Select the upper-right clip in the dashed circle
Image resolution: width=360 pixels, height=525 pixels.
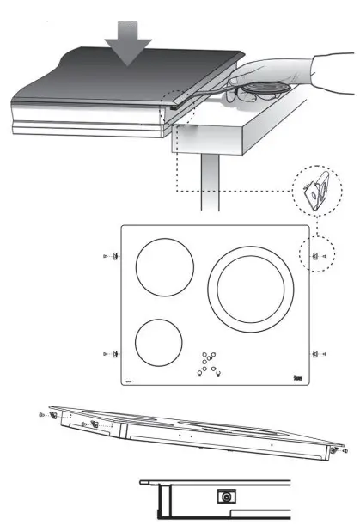click(x=314, y=256)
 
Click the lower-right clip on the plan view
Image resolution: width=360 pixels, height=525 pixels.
click(x=315, y=352)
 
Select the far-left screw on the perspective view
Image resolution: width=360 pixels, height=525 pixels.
click(x=42, y=414)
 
